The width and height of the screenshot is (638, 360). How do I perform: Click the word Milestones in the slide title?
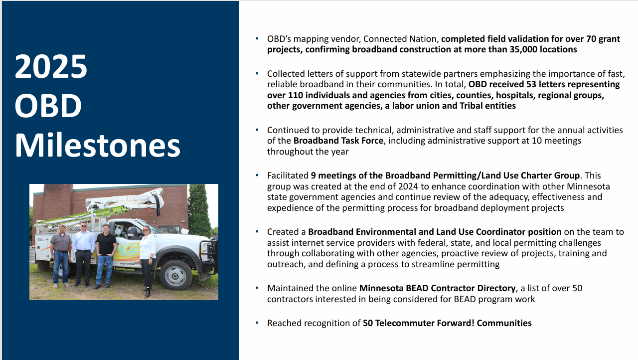pyautogui.click(x=97, y=145)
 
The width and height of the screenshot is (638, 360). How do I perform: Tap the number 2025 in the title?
pyautogui.click(x=51, y=67)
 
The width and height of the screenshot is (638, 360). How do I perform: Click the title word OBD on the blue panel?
pyautogui.click(x=48, y=105)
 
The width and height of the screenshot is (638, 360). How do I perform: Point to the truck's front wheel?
pyautogui.click(x=175, y=275)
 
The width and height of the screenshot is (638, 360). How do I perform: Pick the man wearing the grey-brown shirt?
pyautogui.click(x=61, y=255)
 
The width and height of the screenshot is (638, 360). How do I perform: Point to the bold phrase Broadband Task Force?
pyautogui.click(x=338, y=141)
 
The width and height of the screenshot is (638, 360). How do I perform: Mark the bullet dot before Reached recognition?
pyautogui.click(x=257, y=323)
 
